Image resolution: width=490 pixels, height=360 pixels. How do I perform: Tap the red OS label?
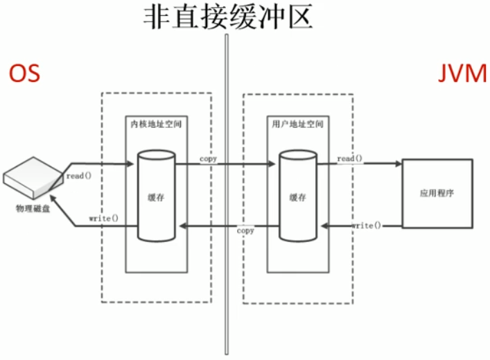[x=24, y=74]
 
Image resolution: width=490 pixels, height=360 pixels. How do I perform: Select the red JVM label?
[x=463, y=74]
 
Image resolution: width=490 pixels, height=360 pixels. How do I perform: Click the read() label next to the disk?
[x=79, y=176]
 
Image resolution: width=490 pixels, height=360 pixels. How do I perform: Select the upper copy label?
[x=208, y=159]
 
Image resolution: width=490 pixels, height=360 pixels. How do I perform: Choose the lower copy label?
[x=245, y=230]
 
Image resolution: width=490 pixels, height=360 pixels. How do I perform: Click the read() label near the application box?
[x=351, y=159]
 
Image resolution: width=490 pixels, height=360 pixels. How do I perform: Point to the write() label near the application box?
[x=365, y=225]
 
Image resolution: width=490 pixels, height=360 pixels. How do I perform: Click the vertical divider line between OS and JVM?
[x=226, y=208]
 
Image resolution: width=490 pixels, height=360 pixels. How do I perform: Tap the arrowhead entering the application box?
[x=398, y=164]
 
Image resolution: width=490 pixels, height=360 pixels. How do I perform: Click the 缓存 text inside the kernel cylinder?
[x=156, y=196]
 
